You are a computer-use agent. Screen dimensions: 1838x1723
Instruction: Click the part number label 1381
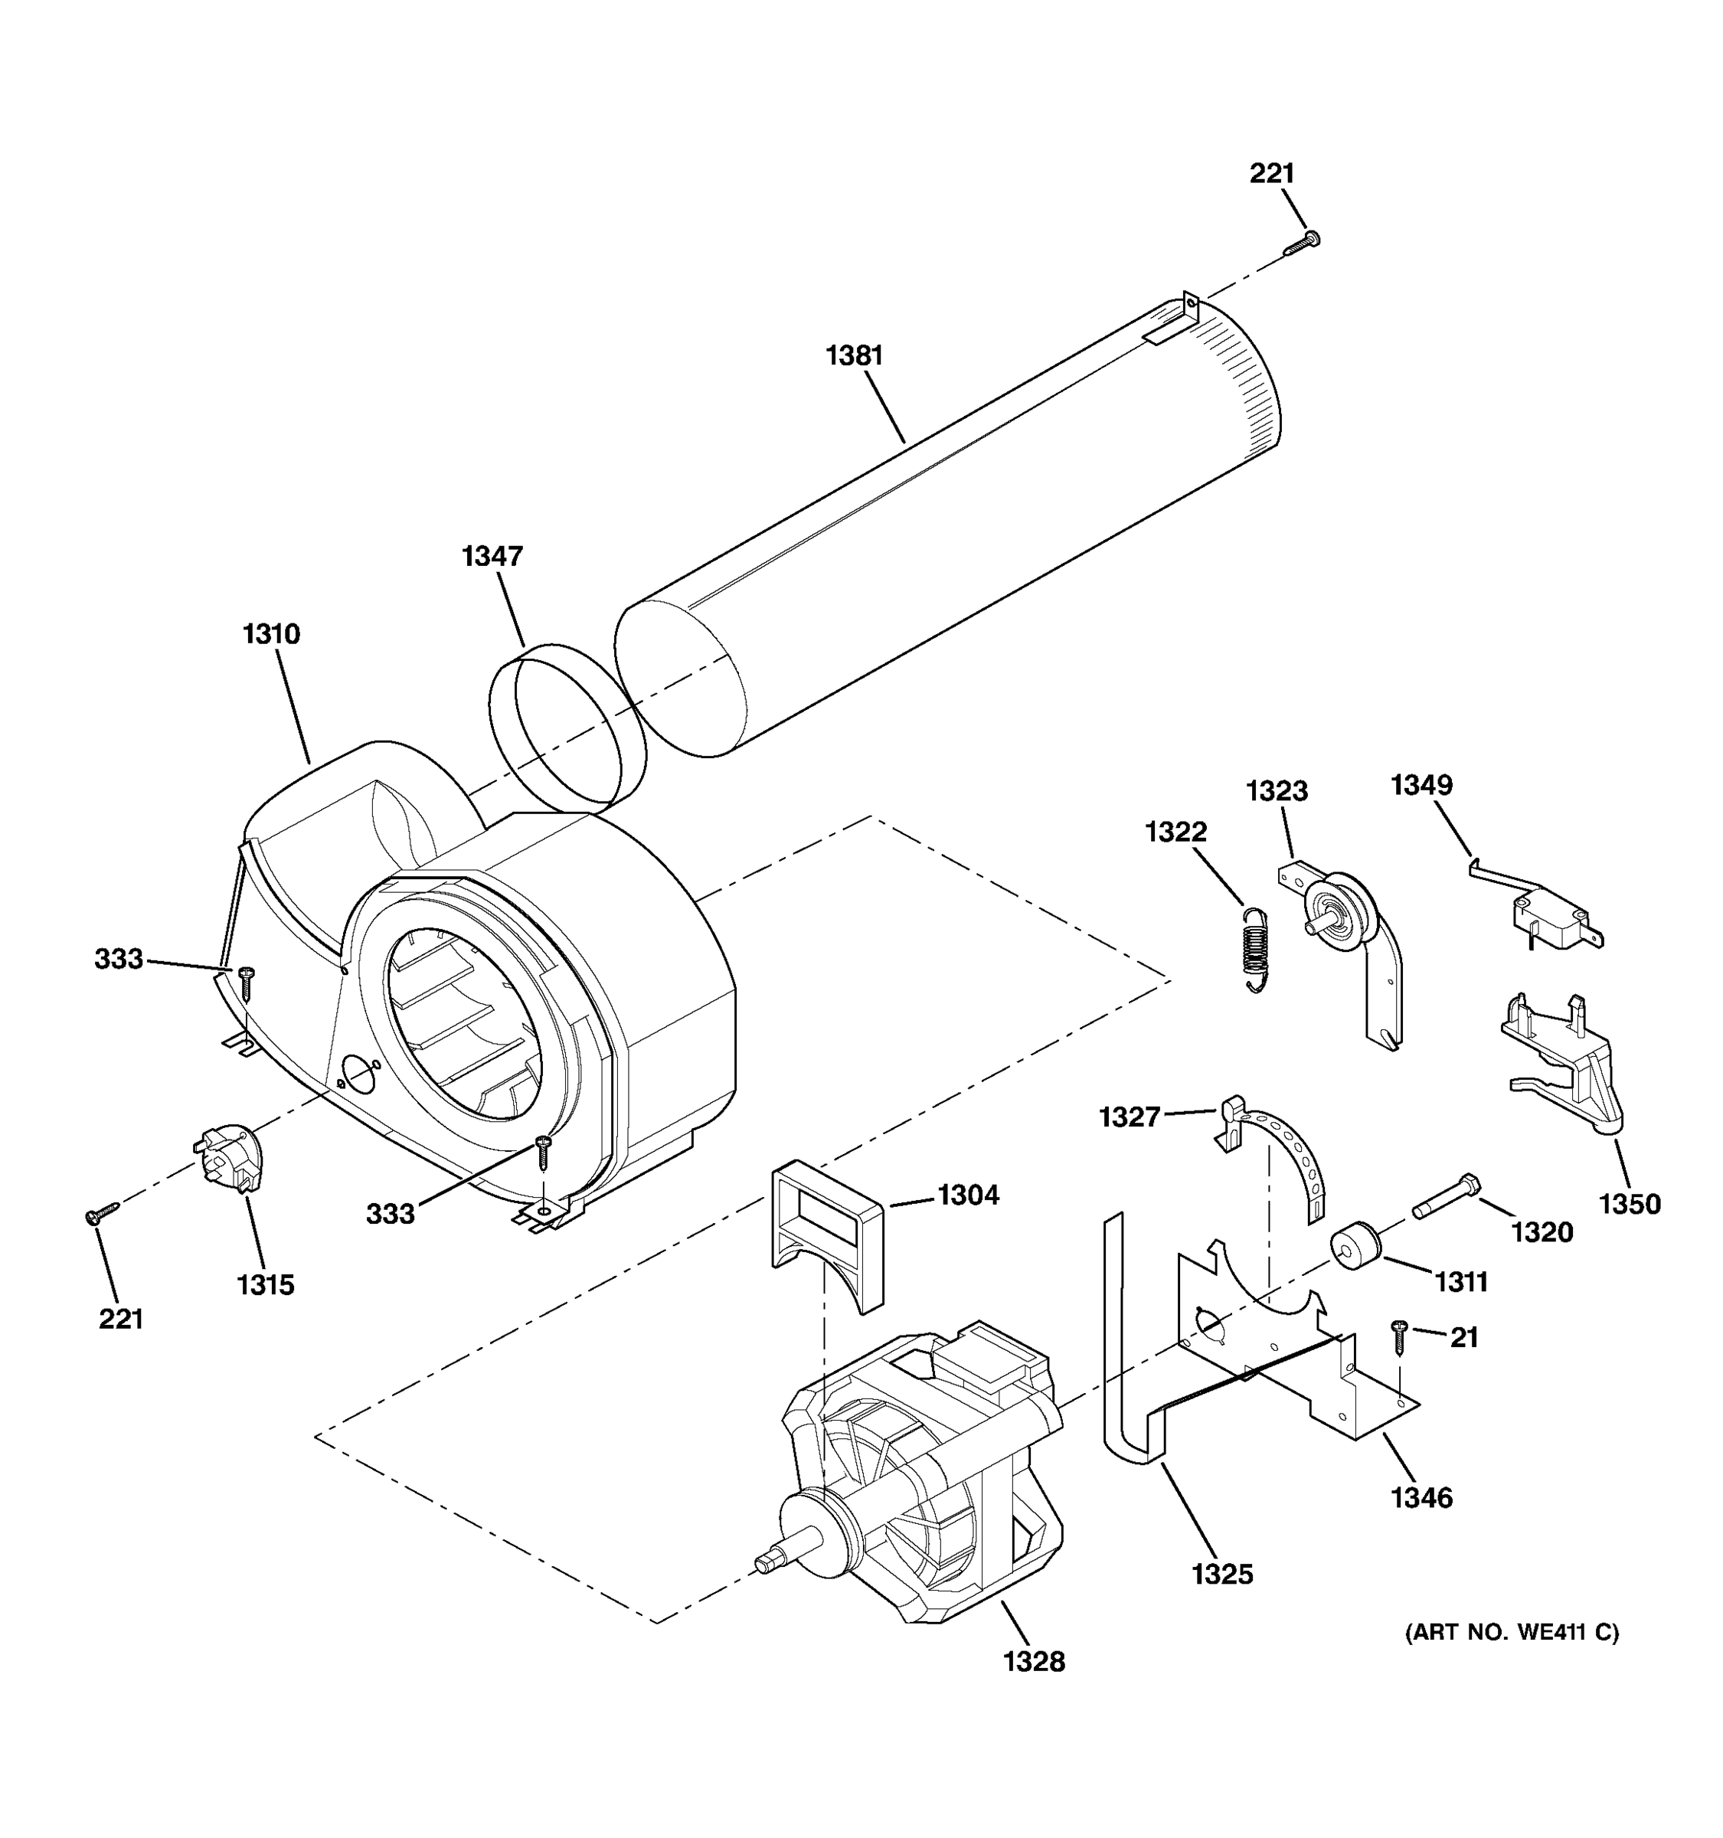pos(854,355)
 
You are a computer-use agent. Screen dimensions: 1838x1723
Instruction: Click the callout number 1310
pos(271,634)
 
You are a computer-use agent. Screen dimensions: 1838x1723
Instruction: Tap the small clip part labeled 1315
pos(229,1156)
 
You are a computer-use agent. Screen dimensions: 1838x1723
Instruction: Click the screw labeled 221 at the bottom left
pos(101,1214)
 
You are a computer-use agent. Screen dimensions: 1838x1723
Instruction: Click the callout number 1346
pos(1421,1497)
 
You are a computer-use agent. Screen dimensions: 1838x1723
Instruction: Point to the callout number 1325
pos(1222,1574)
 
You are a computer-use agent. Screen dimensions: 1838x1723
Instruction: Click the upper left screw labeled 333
pos(246,982)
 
